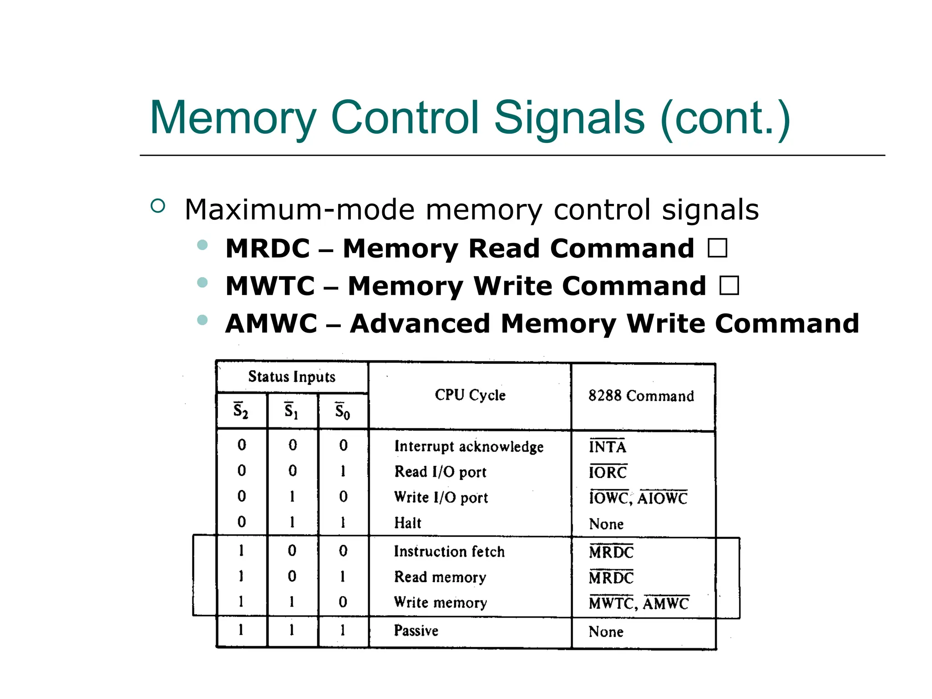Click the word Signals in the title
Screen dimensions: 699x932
(569, 118)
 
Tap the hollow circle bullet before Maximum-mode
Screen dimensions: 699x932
(157, 206)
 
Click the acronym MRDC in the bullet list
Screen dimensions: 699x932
(268, 248)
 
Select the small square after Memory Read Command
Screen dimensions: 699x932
(718, 248)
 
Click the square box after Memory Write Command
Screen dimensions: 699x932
(729, 286)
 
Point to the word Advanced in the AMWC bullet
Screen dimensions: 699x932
(420, 324)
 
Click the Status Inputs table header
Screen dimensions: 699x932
(292, 377)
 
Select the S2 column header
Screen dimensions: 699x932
(241, 410)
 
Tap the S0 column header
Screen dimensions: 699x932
(343, 411)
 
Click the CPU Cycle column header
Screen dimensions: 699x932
(470, 395)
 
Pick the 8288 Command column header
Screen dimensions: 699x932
(641, 396)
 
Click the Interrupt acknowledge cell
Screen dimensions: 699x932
(469, 446)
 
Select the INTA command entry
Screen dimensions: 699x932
(608, 447)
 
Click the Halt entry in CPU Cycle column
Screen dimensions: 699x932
(408, 523)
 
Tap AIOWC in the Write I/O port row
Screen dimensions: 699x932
(662, 498)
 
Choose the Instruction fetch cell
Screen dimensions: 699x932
(449, 552)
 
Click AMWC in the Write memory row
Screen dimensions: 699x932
(666, 604)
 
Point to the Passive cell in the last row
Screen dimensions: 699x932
(416, 631)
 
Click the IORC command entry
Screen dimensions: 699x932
(608, 472)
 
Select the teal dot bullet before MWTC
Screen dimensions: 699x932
(203, 283)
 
